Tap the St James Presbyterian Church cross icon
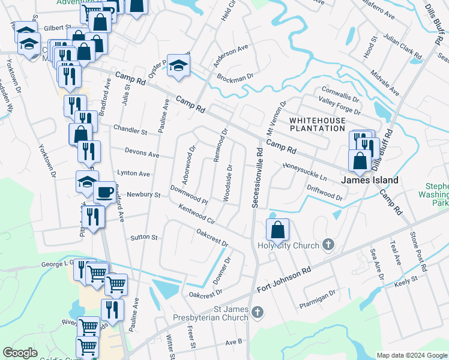point(257,311)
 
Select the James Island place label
point(370,179)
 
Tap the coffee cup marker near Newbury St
point(104,192)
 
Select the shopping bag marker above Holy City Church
point(278,229)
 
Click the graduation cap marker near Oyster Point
point(178,65)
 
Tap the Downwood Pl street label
point(188,194)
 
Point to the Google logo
point(20,353)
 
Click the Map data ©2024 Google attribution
point(412,355)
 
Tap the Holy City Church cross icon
point(328,244)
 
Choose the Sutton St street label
point(144,238)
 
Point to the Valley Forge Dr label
point(340,107)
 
